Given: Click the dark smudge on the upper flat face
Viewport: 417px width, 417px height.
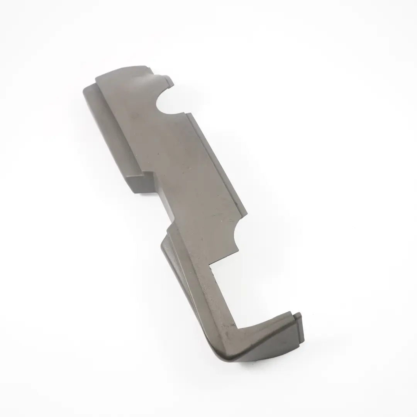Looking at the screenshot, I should pyautogui.click(x=134, y=115).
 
